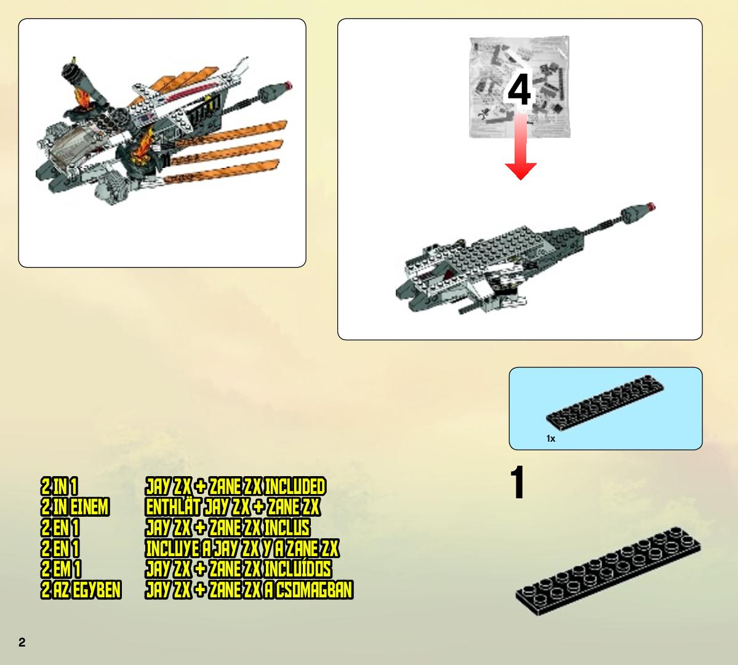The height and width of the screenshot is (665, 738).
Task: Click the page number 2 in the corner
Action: point(22,642)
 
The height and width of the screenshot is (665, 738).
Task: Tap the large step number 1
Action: point(518,482)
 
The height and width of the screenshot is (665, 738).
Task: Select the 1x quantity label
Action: point(551,439)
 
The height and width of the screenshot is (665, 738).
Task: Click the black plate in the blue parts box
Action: point(605,403)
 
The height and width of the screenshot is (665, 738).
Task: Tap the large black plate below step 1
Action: point(608,571)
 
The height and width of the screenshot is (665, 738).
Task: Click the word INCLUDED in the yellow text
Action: point(295,487)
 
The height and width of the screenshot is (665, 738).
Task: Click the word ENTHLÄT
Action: point(174,507)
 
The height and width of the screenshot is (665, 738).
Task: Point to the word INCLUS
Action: point(287,528)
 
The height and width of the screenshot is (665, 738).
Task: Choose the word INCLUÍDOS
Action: point(298,568)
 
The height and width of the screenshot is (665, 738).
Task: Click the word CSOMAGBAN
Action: point(314,590)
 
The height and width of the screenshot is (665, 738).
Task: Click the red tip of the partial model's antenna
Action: point(651,206)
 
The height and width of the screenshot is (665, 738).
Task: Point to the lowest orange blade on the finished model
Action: point(221,172)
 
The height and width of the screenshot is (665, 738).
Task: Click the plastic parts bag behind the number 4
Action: point(519,87)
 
